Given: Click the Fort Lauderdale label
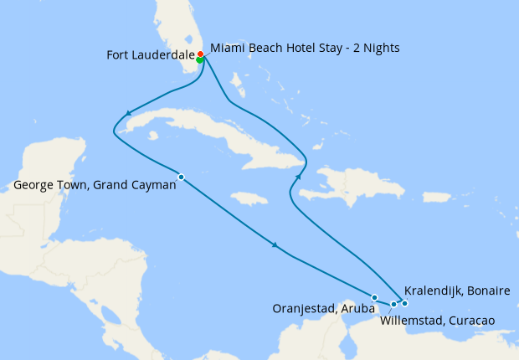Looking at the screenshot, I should tap(150, 55).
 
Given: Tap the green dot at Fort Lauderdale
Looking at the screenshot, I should tap(199, 59).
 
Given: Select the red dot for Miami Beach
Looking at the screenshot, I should tap(200, 54).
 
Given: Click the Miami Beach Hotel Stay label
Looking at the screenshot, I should tap(305, 48).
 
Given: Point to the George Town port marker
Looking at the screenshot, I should tap(181, 176).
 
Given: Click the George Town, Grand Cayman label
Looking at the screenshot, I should tap(95, 186).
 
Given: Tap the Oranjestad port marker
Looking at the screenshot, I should tap(374, 297).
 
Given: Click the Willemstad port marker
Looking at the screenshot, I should tap(393, 304).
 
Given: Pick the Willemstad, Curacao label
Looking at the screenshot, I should tap(437, 320).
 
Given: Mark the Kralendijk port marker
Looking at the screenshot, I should tap(404, 302).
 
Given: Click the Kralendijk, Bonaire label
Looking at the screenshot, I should tap(457, 291).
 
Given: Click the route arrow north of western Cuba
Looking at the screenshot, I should tap(128, 114).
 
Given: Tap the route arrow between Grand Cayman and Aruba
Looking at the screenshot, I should tap(275, 244).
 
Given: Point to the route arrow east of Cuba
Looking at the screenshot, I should tap(300, 176).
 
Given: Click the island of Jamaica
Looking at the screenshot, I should tap(248, 198).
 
